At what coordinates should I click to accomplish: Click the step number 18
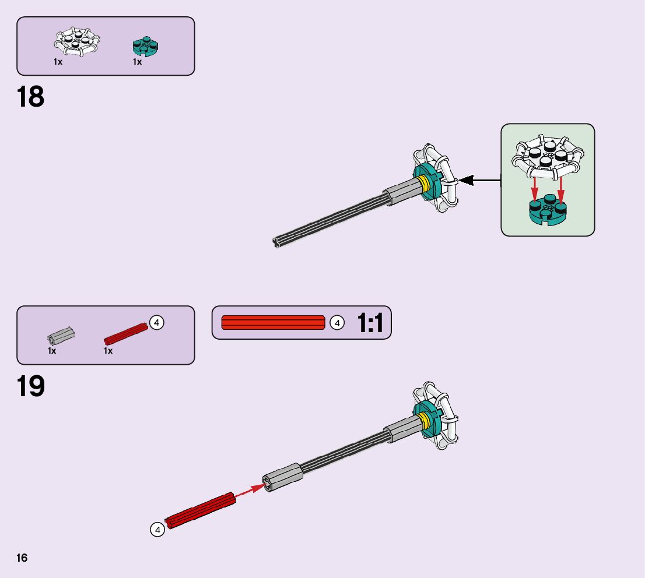pos(31,97)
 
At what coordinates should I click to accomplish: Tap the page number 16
pos(22,558)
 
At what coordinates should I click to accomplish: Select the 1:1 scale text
pos(370,323)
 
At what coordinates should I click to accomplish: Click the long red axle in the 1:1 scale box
pos(273,322)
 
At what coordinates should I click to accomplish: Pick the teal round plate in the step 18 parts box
pos(146,47)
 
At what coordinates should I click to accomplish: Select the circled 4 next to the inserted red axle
pos(157,530)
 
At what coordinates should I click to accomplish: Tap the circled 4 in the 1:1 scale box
pos(336,322)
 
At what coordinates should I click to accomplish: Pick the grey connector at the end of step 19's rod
pos(283,478)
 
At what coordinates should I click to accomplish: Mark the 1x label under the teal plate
pos(137,62)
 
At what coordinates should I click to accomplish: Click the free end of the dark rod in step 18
pos(277,242)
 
